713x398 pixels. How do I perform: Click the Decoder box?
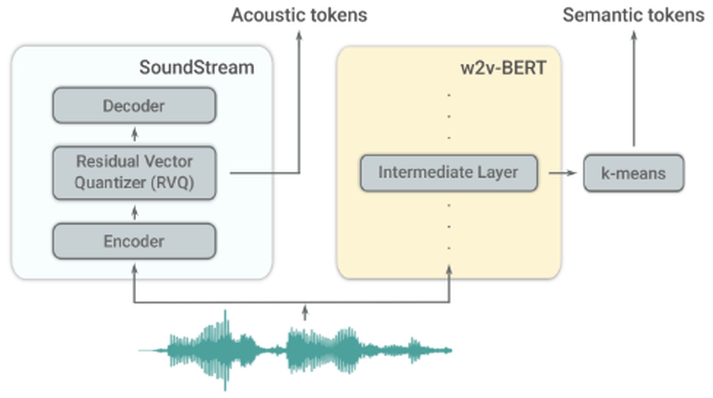pyautogui.click(x=134, y=105)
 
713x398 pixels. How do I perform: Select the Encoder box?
pyautogui.click(x=134, y=241)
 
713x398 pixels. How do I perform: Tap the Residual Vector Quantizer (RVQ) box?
pyautogui.click(x=134, y=173)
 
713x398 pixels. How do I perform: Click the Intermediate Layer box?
pyautogui.click(x=449, y=173)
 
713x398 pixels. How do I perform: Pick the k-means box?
pyautogui.click(x=633, y=173)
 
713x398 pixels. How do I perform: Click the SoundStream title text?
pyautogui.click(x=196, y=68)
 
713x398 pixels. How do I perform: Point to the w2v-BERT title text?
pyautogui.click(x=503, y=68)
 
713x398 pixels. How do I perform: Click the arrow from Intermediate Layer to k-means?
pyautogui.click(x=562, y=173)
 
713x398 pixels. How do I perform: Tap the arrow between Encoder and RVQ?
pyautogui.click(x=135, y=212)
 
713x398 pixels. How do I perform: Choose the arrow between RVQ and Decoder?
pyautogui.click(x=135, y=134)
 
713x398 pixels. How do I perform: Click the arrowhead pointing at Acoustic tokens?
pyautogui.click(x=299, y=35)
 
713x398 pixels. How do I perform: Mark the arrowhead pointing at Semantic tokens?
pyautogui.click(x=634, y=35)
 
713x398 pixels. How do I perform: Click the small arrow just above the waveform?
pyautogui.click(x=305, y=313)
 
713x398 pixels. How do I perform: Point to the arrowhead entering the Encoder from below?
pyautogui.click(x=135, y=268)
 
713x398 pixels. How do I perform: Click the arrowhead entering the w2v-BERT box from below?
pyautogui.click(x=449, y=269)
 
